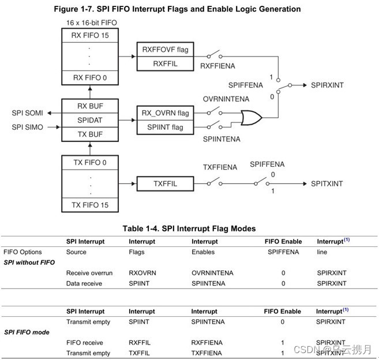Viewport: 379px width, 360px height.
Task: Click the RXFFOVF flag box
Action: pos(165,50)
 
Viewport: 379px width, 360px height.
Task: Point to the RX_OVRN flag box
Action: pos(165,112)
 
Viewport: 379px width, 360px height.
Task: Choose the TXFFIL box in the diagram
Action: pos(165,183)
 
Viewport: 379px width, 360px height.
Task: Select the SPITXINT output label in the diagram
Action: pos(327,183)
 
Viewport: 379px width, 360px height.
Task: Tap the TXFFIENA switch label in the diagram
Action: pos(220,167)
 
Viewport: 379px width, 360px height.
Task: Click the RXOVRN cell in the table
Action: pos(141,272)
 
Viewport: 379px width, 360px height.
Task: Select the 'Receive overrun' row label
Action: pos(89,272)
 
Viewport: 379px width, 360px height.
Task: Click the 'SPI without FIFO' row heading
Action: pos(29,262)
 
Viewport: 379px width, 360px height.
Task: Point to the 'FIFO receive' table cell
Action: pos(84,343)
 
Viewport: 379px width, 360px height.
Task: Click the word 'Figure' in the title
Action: pos(67,9)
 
